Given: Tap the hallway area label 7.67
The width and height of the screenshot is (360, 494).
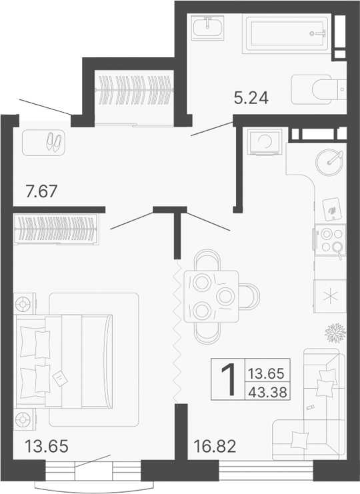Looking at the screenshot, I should click(x=41, y=191).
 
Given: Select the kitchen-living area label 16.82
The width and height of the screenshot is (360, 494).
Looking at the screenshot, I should click(x=215, y=445).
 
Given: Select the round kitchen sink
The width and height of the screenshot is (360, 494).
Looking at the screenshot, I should click(x=329, y=160).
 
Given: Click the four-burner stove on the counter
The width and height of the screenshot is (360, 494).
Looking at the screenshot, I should click(x=329, y=240).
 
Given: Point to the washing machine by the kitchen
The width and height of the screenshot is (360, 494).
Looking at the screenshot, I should click(x=265, y=143).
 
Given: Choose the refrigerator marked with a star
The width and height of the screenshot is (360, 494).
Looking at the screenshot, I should click(x=329, y=295).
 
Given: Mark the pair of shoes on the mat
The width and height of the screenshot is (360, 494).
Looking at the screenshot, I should click(x=52, y=141).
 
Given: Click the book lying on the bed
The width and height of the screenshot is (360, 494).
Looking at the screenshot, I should click(x=59, y=379).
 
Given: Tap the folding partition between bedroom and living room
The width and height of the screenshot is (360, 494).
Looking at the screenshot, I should click(x=178, y=333).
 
